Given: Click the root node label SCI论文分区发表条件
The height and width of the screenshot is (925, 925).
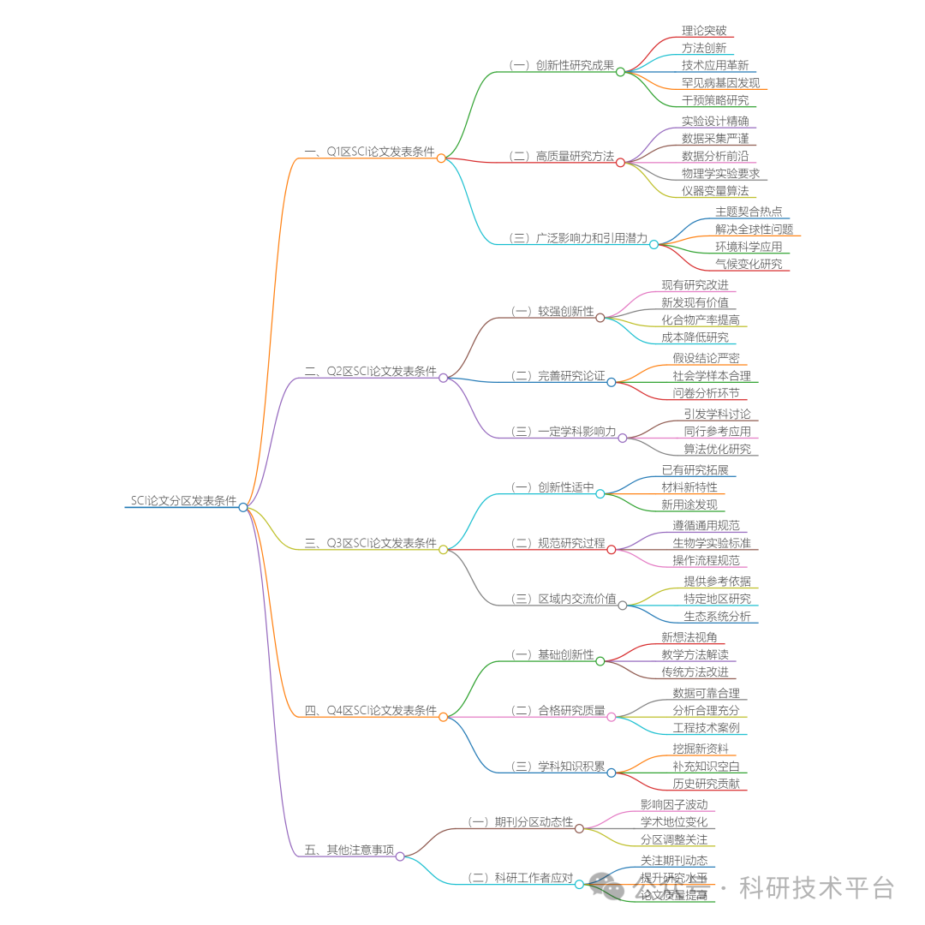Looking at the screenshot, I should pos(183,501).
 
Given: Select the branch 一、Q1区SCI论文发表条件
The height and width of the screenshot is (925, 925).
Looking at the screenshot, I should pos(369,152).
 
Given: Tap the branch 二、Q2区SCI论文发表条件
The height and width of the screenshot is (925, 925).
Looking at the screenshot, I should pos(370,372).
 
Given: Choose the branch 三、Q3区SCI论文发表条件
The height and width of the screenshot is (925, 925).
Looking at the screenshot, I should pos(370,543).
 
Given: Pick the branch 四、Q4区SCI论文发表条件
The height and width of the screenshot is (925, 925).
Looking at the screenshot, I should pos(370,711).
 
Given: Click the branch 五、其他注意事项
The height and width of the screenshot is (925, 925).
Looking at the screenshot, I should pos(349,850).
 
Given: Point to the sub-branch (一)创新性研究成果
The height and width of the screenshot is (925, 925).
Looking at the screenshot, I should pos(561,65).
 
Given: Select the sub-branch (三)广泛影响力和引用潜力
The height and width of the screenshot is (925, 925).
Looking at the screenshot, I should pos(578,238).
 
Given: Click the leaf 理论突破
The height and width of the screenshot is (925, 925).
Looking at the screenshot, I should pos(704,31).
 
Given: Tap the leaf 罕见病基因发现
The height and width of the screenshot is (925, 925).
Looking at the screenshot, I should pos(720,83).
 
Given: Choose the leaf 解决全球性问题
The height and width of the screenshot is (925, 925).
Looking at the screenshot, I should pos(754,229).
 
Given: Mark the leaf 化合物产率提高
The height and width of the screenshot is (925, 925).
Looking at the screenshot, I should pos(700,319).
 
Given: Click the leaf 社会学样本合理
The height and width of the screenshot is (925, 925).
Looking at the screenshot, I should pos(711,376).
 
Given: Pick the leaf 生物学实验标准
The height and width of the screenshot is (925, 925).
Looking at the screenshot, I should pos(711,543).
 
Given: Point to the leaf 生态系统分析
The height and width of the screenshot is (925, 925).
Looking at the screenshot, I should pos(716,616).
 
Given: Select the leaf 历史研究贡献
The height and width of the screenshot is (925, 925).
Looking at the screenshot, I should pos(706,785).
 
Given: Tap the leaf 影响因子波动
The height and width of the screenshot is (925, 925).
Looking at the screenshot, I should pos(674,805).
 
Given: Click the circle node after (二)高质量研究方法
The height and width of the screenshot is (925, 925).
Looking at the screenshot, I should pos(620,162).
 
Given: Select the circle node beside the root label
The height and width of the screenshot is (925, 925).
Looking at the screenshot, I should pos(243,507).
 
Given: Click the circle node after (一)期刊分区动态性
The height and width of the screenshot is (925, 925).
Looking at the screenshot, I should pos(579,828).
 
